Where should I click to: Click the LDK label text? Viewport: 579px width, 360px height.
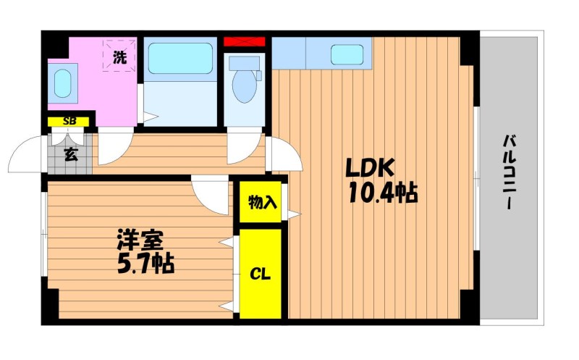click(x=370, y=168)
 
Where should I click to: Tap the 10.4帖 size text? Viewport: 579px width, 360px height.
click(x=383, y=193)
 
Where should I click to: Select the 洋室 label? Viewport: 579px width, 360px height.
click(x=140, y=240)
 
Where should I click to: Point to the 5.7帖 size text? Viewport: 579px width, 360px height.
click(x=146, y=264)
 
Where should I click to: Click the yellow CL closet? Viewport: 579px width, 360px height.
click(x=261, y=274)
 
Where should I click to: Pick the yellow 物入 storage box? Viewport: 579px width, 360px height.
click(x=261, y=202)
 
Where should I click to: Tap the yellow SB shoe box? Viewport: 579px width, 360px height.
click(x=68, y=121)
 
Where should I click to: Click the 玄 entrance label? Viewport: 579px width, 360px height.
click(x=70, y=154)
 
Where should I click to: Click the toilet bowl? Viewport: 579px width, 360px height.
click(x=244, y=85)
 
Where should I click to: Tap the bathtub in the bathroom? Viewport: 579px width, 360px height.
click(x=180, y=59)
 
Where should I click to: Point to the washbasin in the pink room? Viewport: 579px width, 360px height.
click(x=63, y=83)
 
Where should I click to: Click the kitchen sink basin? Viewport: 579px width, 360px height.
click(x=347, y=54)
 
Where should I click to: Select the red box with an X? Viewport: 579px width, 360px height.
click(x=245, y=41)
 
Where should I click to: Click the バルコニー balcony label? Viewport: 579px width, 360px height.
click(x=510, y=172)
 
